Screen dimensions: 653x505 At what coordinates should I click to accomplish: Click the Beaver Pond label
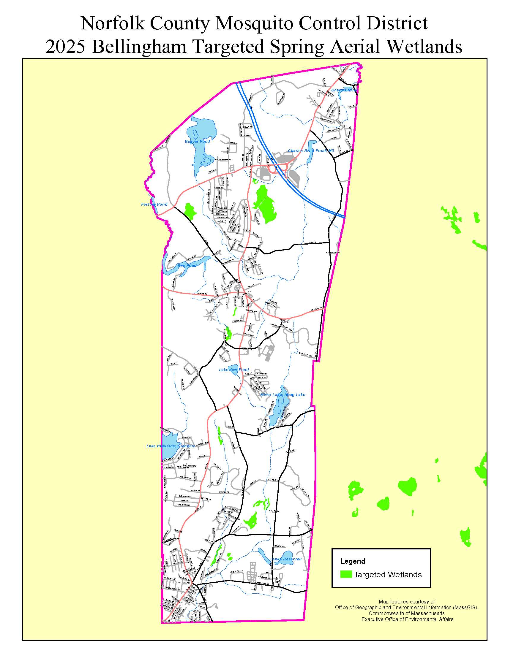197,141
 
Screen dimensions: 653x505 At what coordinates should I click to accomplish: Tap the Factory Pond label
154,205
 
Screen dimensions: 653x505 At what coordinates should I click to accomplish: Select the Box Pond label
187,266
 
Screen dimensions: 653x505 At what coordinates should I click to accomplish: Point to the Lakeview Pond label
234,370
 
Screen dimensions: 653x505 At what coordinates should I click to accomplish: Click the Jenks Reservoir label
286,559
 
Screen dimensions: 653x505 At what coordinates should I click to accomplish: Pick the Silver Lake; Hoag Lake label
283,395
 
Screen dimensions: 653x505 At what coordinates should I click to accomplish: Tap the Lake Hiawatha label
170,446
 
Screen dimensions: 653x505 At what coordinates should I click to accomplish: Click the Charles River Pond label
310,151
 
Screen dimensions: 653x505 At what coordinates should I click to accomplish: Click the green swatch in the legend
346,574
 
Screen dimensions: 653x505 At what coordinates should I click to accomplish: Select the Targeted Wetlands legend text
388,575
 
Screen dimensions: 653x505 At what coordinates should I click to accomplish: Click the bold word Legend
353,561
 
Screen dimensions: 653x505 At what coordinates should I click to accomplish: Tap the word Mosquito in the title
255,23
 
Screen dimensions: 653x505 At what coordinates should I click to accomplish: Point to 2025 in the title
66,47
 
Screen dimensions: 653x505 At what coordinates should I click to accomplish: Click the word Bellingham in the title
140,47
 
